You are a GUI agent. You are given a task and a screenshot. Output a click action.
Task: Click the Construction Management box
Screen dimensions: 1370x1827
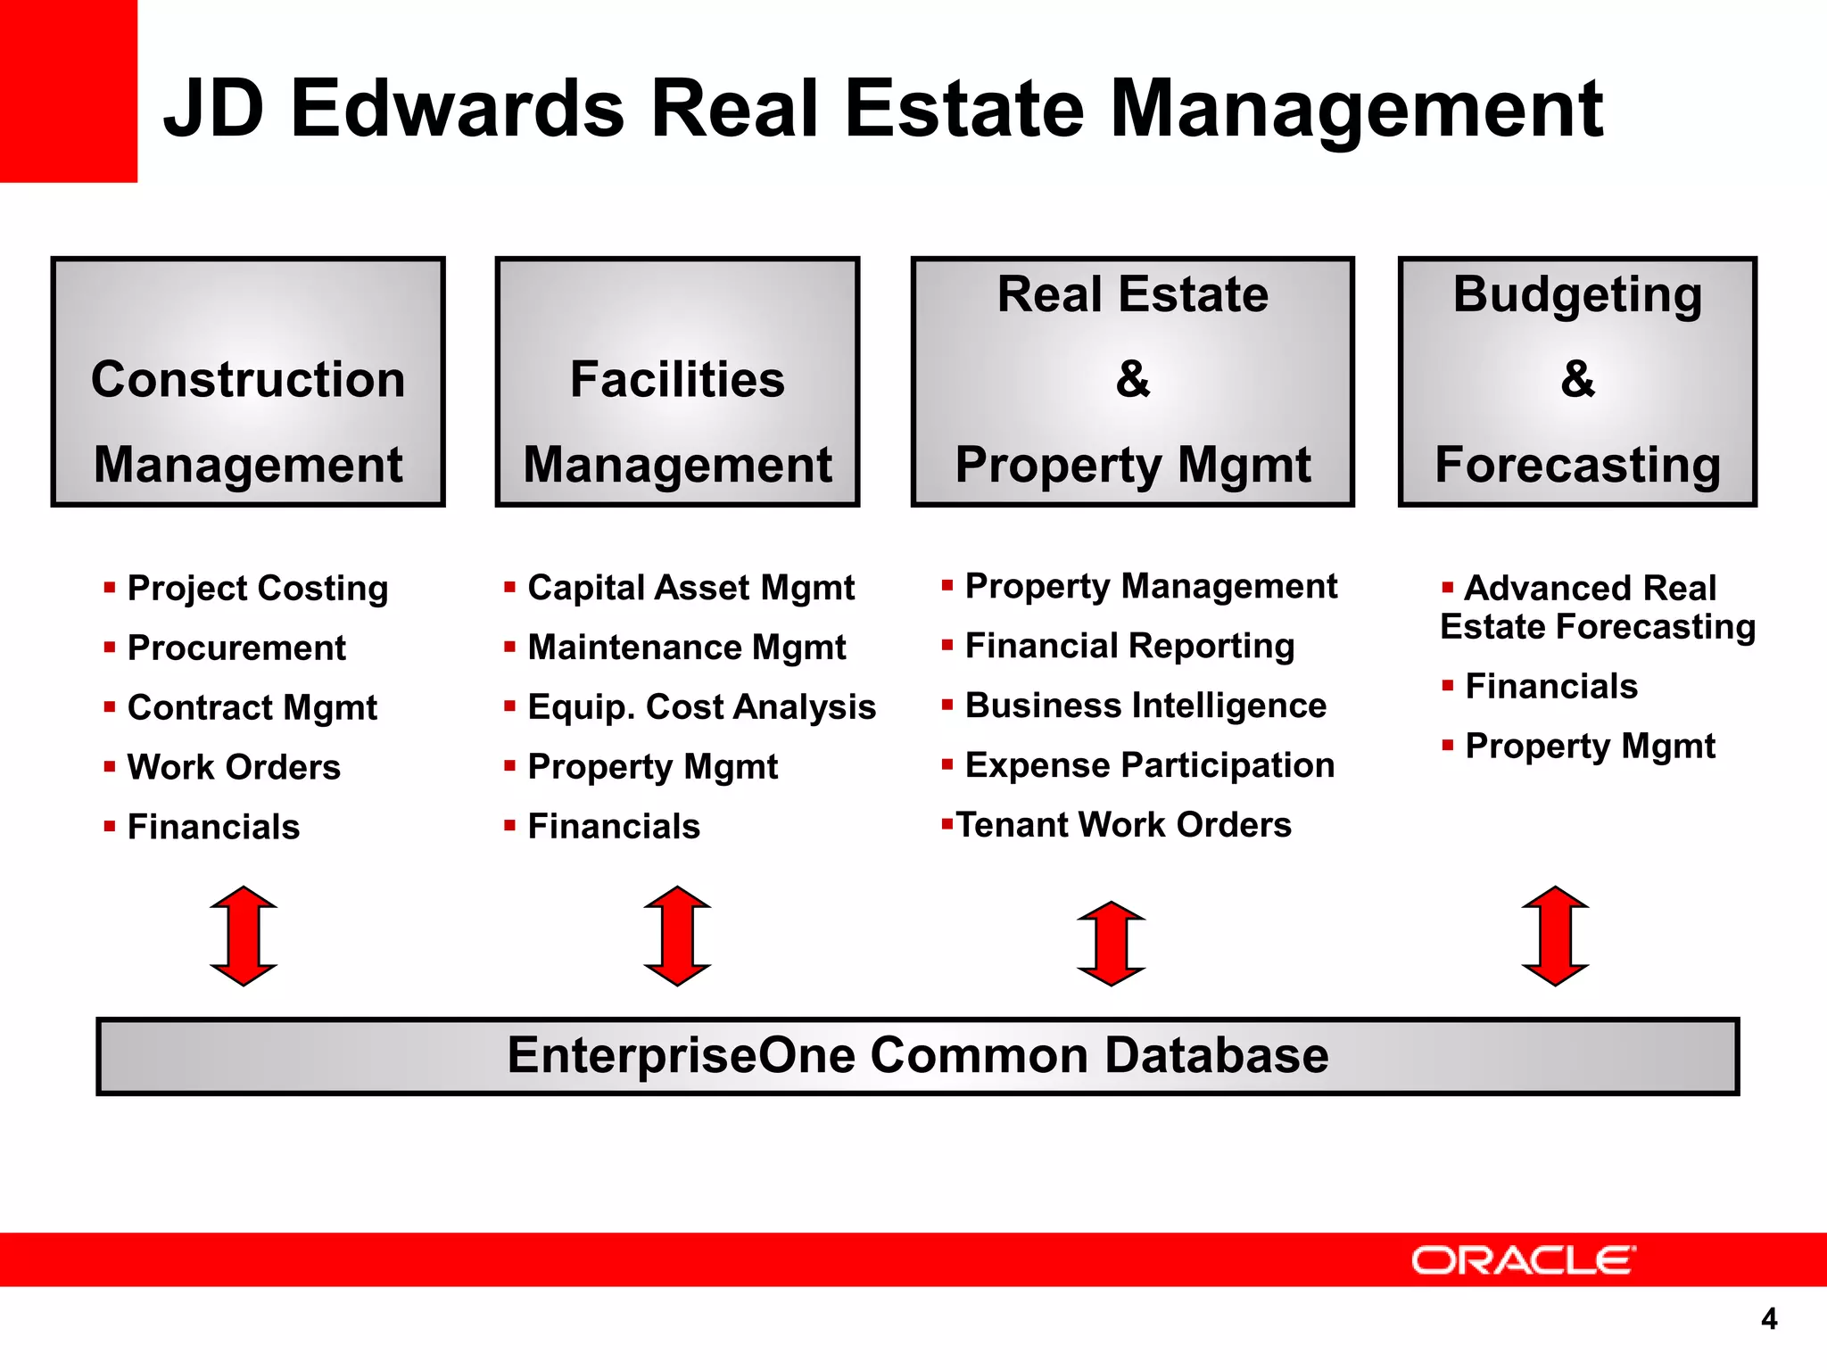click(248, 382)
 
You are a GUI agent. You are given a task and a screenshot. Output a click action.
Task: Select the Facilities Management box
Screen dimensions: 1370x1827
click(677, 382)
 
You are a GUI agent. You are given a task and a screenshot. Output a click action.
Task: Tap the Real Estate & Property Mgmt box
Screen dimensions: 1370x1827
click(1132, 382)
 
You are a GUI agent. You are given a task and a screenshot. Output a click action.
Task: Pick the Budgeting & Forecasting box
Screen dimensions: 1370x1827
click(1576, 382)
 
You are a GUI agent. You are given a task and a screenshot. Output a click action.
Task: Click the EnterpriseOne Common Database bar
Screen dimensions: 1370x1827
click(917, 1055)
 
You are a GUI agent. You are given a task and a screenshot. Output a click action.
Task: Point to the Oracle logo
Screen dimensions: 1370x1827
click(1523, 1260)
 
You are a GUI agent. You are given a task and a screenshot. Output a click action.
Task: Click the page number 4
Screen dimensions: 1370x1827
click(1769, 1319)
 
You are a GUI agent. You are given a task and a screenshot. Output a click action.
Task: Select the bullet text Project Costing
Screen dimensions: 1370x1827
click(258, 589)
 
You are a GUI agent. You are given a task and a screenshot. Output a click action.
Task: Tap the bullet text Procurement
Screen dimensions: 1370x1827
click(236, 648)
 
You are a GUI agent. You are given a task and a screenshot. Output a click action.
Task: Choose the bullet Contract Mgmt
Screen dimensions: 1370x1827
click(252, 708)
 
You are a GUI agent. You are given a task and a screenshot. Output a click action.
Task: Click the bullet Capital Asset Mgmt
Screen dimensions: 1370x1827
click(690, 589)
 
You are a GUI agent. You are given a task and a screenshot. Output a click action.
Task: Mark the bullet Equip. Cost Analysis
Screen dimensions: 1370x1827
click(701, 707)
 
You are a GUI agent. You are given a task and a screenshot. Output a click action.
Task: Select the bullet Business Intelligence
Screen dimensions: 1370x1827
click(1145, 706)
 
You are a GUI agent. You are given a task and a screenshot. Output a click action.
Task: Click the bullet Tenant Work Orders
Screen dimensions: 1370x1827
click(1123, 825)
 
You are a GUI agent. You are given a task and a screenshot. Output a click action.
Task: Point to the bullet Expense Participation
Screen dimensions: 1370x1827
click(1149, 765)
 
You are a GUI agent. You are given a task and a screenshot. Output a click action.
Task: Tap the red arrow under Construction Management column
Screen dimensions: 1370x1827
click(244, 936)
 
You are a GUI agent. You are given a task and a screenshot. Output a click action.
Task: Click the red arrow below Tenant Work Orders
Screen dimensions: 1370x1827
click(1111, 943)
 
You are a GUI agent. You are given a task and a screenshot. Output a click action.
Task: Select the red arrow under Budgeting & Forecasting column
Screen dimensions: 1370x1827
click(1555, 936)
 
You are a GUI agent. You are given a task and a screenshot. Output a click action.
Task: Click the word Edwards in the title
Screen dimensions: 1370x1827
click(458, 109)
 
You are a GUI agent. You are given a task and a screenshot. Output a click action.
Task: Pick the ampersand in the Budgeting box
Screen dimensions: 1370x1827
click(1577, 379)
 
